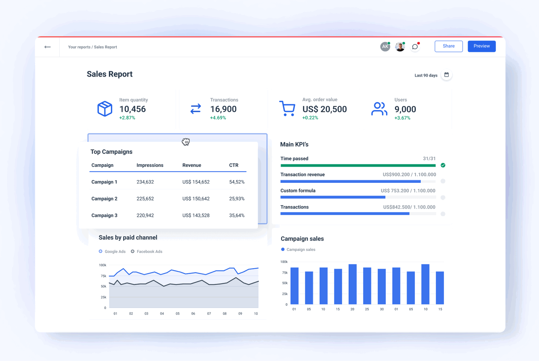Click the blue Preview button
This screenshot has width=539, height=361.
coord(482,46)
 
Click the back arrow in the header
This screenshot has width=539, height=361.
coord(47,47)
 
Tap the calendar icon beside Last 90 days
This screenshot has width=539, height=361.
coord(447,75)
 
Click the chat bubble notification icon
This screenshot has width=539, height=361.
coord(415,47)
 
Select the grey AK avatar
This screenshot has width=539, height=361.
coord(385,47)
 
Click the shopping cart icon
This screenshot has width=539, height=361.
coord(287,109)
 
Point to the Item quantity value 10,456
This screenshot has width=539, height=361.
coord(132,109)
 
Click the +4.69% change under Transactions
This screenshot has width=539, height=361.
coord(218,118)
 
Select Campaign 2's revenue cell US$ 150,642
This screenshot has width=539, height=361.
coord(196,199)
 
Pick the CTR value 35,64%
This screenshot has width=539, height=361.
coord(237,216)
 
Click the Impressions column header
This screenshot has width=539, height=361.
coord(150,165)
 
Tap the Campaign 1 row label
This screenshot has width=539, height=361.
coord(104,182)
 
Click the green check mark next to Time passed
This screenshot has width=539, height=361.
coord(443,165)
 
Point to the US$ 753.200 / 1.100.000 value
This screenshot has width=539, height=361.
coord(408,191)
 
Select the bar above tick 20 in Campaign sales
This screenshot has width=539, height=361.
coord(352,284)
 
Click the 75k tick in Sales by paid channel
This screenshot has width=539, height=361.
coord(104,276)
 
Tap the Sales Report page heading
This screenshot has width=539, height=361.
coord(110,74)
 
